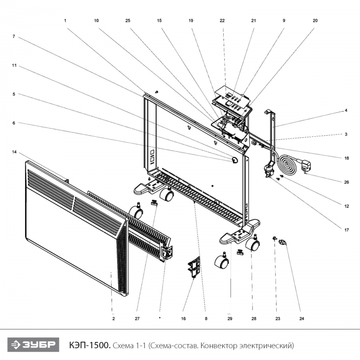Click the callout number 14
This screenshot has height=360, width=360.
(x=14, y=152)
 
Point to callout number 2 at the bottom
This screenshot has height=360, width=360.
(x=113, y=319)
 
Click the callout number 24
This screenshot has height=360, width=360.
(x=302, y=319)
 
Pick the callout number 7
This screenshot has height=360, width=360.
(x=14, y=37)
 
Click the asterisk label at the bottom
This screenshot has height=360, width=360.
(x=160, y=319)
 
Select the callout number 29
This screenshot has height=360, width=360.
(x=230, y=319)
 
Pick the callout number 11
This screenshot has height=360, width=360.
(x=14, y=65)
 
